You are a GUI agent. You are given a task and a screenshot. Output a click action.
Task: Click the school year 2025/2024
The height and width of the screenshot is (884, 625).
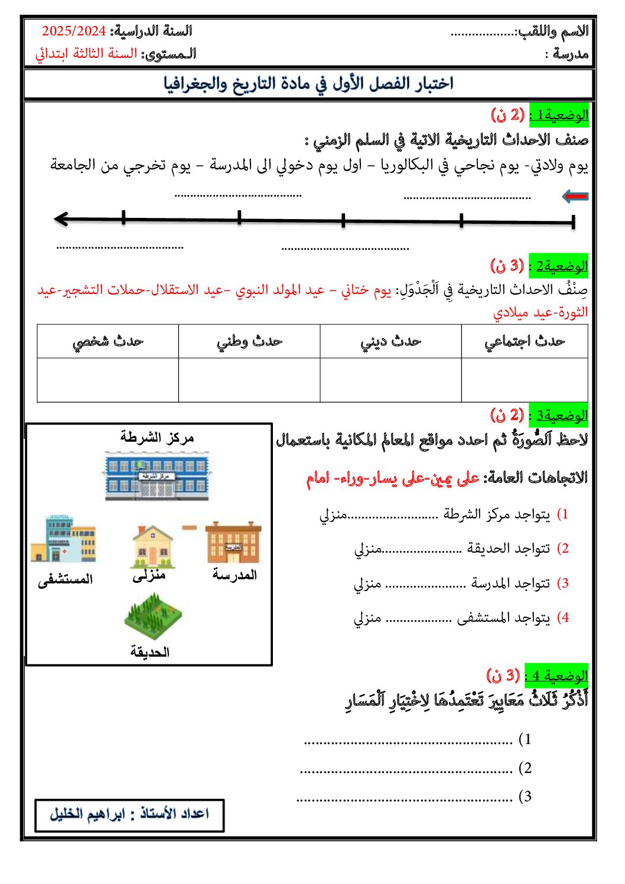[74, 31]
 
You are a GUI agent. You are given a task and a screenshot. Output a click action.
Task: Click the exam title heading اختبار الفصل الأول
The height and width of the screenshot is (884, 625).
[308, 84]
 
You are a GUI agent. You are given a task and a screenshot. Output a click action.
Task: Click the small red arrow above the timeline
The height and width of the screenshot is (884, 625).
[575, 196]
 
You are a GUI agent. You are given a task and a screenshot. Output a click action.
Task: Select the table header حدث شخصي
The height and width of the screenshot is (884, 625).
[108, 341]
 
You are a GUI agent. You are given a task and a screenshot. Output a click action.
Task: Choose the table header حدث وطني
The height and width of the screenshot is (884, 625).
[249, 341]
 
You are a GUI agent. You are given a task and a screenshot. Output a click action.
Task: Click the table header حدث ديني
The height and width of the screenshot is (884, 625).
[390, 341]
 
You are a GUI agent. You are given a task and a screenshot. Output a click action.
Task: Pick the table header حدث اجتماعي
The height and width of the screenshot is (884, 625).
[524, 341]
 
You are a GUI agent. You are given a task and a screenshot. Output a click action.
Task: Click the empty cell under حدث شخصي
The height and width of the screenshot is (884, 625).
[108, 380]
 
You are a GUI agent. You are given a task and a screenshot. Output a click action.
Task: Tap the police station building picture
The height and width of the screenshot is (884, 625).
[157, 476]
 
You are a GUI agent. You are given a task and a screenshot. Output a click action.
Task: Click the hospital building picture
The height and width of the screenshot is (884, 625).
[63, 539]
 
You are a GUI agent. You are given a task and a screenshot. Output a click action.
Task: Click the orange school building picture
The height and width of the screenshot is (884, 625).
[233, 543]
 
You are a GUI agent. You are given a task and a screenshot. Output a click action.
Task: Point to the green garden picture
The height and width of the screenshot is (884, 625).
[152, 615]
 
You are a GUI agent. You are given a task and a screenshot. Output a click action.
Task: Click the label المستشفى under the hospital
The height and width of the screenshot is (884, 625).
[65, 580]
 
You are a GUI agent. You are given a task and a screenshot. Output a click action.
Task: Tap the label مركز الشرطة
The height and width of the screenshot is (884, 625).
[157, 438]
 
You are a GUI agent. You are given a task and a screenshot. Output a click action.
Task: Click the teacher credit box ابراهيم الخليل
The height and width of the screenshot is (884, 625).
[129, 814]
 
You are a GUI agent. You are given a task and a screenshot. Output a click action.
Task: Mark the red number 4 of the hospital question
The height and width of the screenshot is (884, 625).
[565, 618]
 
